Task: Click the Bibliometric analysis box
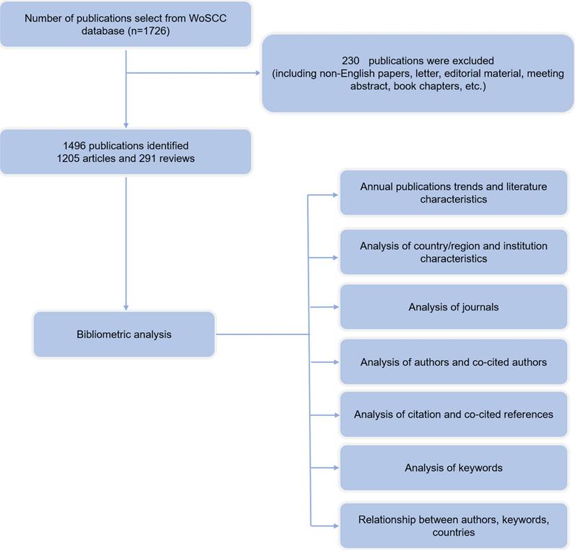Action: [x=124, y=334]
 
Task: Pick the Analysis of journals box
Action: [x=453, y=307]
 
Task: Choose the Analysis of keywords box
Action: [x=453, y=468]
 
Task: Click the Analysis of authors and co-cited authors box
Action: [x=453, y=362]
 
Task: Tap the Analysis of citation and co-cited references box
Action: [x=453, y=414]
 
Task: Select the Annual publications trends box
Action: [x=453, y=193]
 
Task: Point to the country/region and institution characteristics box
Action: [x=453, y=253]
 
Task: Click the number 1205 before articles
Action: [x=71, y=158]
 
